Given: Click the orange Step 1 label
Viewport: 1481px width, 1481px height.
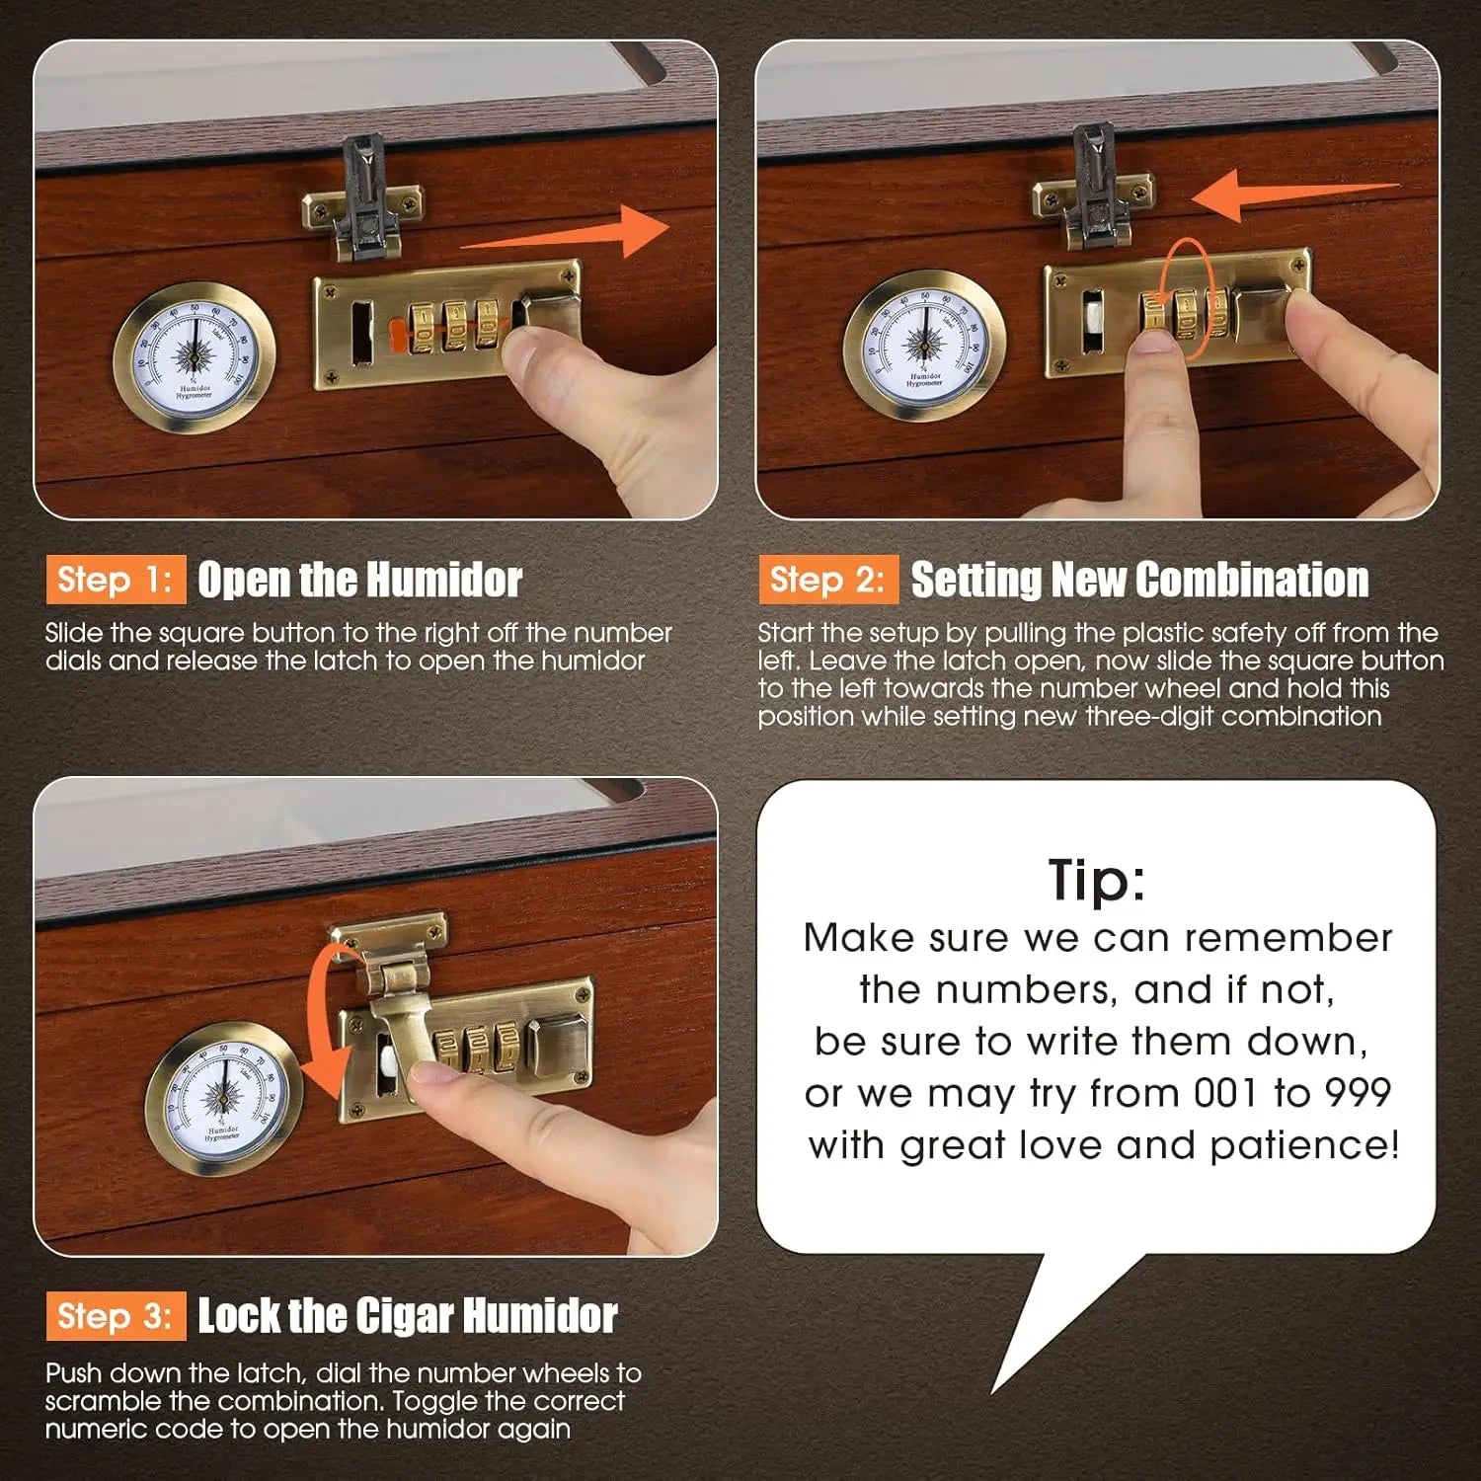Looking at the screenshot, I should [x=116, y=580].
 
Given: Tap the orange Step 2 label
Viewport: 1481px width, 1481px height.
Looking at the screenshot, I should [x=828, y=580].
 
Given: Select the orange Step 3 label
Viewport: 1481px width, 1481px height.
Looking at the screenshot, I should [x=116, y=1316].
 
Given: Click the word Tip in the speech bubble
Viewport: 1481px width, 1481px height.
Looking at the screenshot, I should [x=1096, y=880].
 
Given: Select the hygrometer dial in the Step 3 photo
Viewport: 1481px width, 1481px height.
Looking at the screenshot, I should [x=223, y=1098].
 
